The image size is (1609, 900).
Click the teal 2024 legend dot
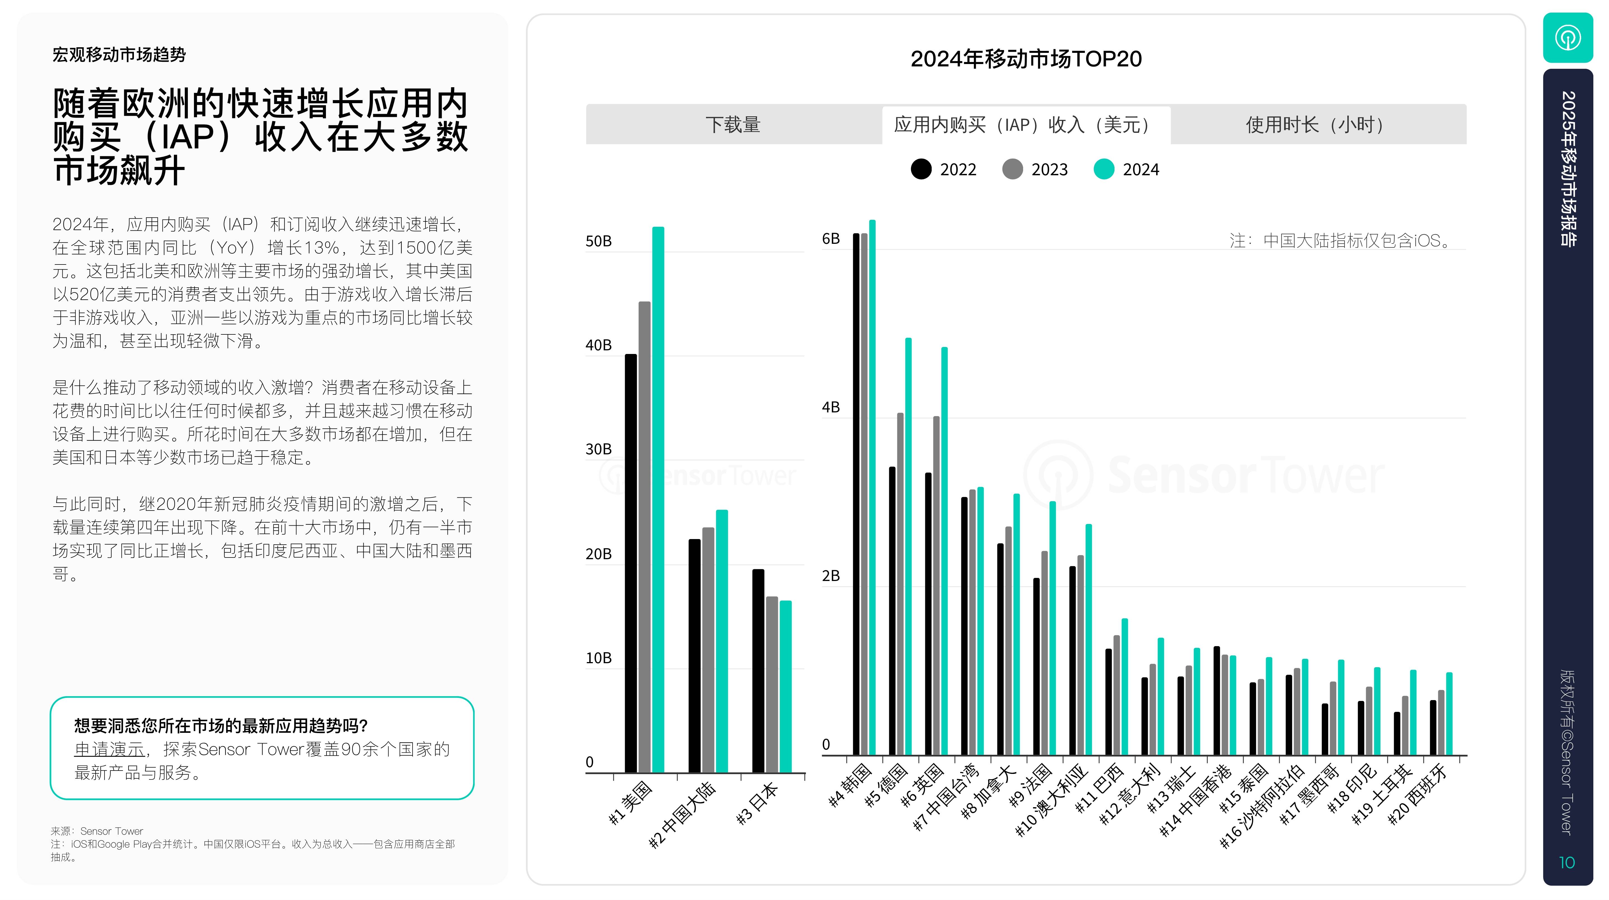[1104, 169]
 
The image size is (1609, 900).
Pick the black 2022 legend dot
[921, 169]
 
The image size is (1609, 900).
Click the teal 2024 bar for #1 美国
[658, 500]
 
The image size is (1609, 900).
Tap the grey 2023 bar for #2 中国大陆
[708, 649]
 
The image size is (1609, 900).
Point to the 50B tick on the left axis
[598, 241]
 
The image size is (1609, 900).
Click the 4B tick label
[831, 407]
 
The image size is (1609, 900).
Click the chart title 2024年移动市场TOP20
[1026, 59]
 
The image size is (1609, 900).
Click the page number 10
[1567, 863]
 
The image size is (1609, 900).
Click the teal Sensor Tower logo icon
[1568, 37]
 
